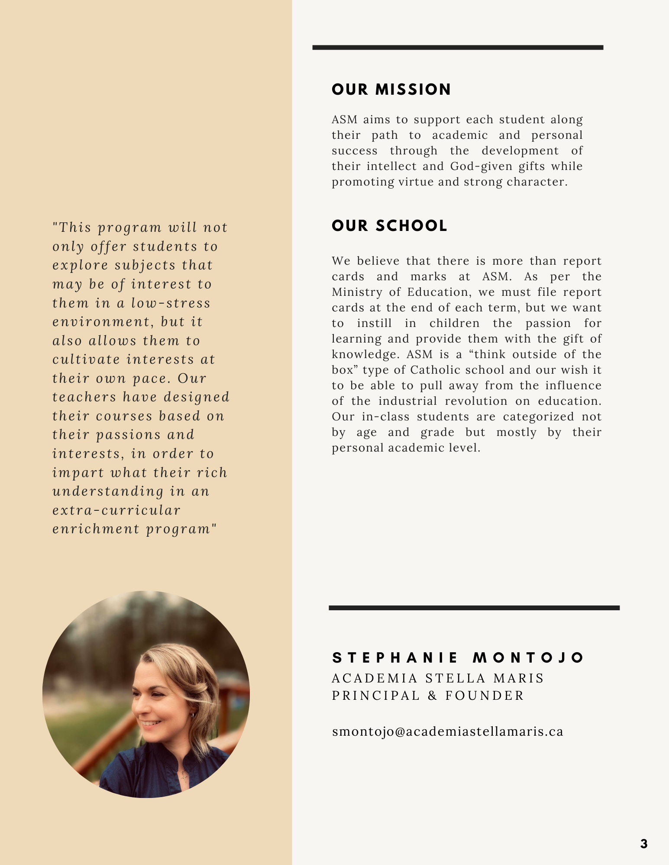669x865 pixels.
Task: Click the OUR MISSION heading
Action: click(x=391, y=90)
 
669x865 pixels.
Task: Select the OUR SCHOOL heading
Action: click(x=389, y=226)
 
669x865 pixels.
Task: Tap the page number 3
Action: click(x=643, y=844)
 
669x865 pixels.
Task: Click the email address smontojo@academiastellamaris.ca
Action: click(x=447, y=731)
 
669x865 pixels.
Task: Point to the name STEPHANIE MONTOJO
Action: click(x=458, y=658)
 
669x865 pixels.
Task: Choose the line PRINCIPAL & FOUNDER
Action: click(x=428, y=695)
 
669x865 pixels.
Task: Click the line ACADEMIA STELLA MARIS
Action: click(x=437, y=678)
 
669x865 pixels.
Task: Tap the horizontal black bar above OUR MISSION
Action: click(x=458, y=48)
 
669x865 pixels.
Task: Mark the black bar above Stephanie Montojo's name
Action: click(x=474, y=608)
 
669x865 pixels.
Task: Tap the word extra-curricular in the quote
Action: click(x=116, y=510)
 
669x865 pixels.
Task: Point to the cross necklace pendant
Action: click(x=184, y=776)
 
